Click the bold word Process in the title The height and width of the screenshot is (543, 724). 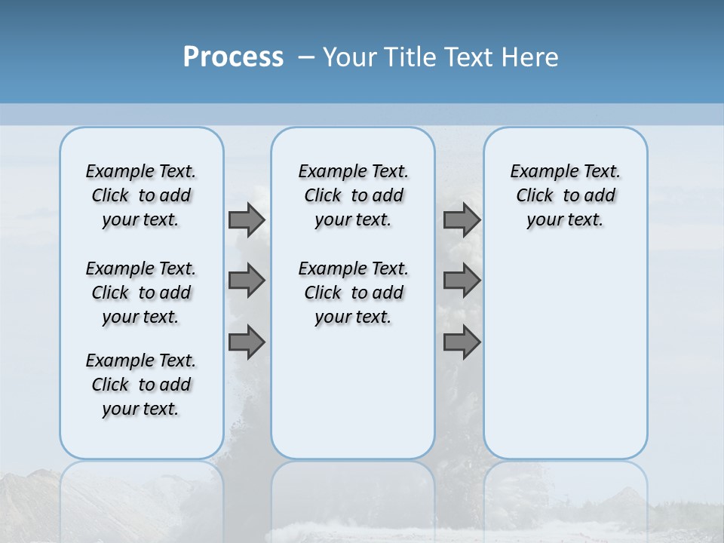coord(233,57)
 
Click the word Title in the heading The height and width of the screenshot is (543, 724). coord(410,57)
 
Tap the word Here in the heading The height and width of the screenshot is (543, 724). coord(531,57)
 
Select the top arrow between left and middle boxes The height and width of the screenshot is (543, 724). coord(247,220)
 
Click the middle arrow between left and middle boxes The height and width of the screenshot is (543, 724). coord(247,281)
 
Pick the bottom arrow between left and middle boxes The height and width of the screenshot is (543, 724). coord(247,342)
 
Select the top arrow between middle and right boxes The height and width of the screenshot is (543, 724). coord(462,220)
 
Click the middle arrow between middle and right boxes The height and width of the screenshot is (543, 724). coord(462,281)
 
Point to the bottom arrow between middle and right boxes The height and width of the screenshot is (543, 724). coord(462,342)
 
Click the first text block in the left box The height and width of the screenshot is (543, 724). coord(141,195)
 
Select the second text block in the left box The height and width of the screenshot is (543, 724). coord(141,293)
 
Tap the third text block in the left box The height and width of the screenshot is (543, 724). coord(141,385)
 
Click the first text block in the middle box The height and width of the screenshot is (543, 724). coord(353,195)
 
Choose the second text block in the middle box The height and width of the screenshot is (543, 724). coord(353,293)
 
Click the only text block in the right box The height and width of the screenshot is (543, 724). coord(565,195)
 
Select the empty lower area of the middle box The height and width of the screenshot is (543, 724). coord(353,392)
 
